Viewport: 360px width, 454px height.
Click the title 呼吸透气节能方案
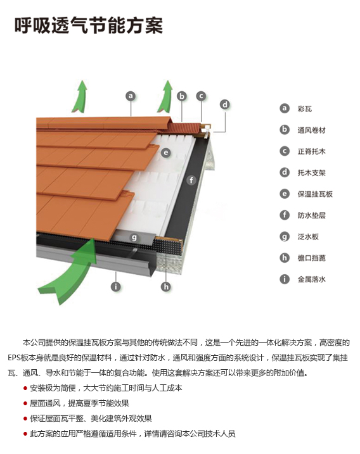[89, 25]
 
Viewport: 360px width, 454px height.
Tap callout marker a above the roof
[131, 96]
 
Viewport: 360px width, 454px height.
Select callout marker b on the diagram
[182, 96]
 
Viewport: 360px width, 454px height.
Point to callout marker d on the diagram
[225, 104]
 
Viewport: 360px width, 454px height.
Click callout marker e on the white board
[166, 153]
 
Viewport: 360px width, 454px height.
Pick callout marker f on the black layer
[191, 180]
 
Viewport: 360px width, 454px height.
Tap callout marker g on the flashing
[134, 237]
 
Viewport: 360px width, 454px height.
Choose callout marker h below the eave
[166, 287]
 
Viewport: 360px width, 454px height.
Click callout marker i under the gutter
[115, 287]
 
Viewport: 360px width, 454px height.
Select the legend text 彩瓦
[305, 109]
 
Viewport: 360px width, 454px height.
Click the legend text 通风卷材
[312, 130]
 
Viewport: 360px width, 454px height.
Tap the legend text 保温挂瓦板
[315, 194]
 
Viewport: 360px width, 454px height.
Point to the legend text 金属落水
[312, 279]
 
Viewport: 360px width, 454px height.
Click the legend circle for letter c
[285, 151]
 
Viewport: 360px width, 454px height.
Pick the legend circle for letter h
[285, 258]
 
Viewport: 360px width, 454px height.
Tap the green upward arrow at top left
[80, 97]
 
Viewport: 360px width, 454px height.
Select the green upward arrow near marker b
[165, 97]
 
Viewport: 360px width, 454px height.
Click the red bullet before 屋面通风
[25, 403]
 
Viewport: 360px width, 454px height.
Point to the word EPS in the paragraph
[14, 358]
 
